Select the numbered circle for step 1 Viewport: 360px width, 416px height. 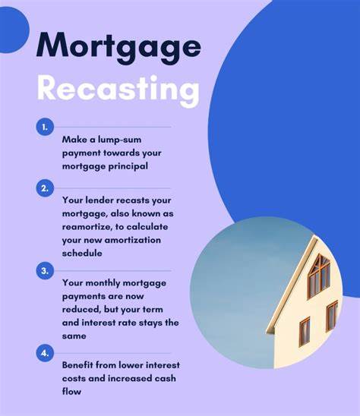click(x=45, y=128)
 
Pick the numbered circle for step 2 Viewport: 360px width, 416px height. click(x=45, y=188)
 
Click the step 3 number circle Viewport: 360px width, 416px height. click(x=45, y=270)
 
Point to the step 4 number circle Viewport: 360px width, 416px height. click(x=45, y=352)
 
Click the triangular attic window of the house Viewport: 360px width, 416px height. click(x=319, y=273)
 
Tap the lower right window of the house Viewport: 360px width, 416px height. click(x=332, y=314)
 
